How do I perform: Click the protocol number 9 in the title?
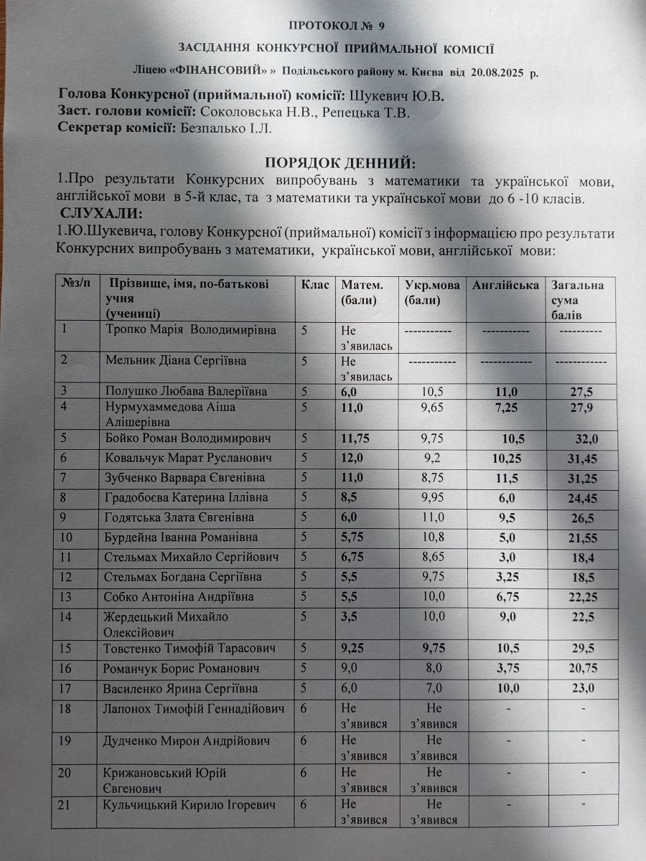pos(381,25)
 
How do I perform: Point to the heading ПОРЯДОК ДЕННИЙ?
pos(340,162)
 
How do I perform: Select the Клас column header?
pos(315,285)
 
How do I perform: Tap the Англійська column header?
pos(506,285)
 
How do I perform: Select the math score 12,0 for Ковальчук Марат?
pos(353,458)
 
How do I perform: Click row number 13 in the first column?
pos(68,596)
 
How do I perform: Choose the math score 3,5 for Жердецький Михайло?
pos(350,616)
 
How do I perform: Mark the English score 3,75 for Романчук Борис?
pos(507,669)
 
